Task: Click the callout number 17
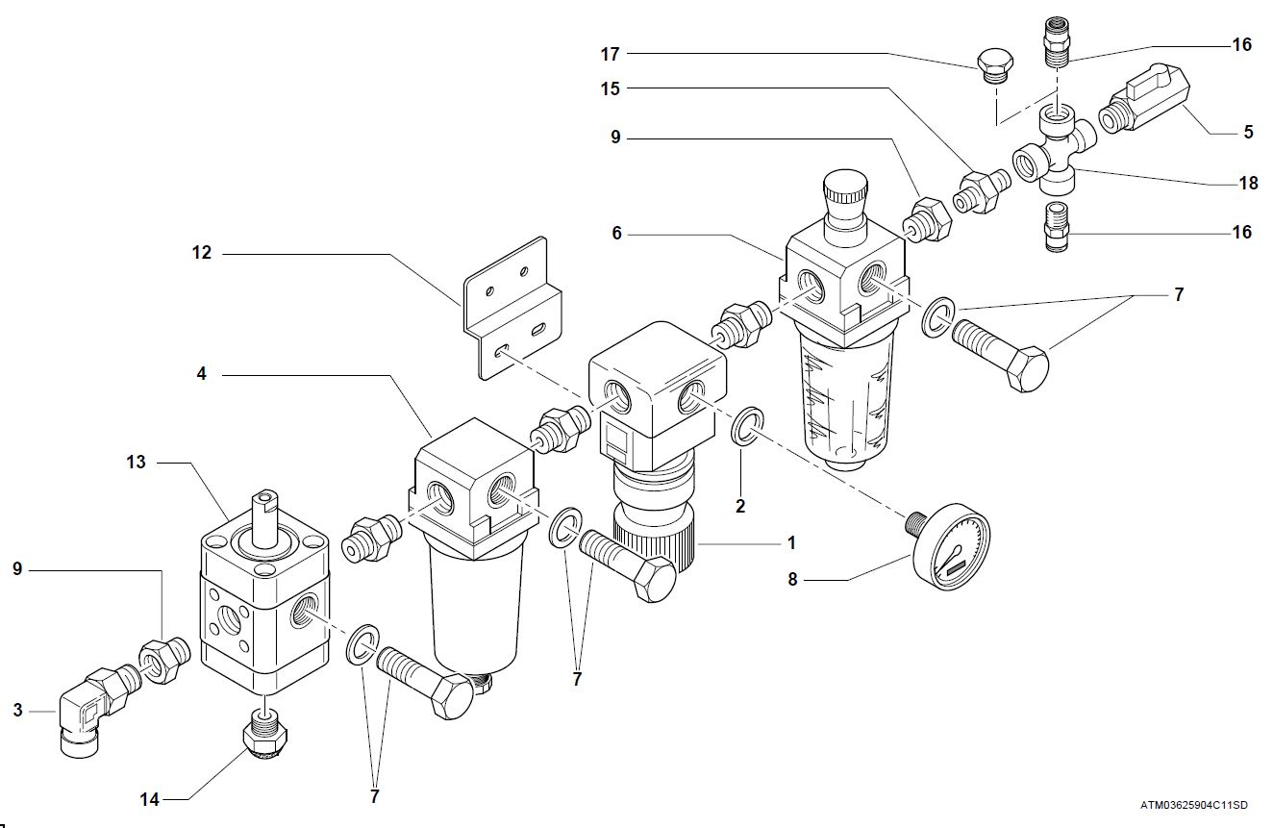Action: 610,55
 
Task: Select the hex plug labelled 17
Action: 993,66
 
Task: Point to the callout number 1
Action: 791,543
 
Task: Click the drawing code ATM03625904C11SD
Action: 1193,804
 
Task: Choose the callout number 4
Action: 201,373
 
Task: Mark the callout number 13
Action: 136,462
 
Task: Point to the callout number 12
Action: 201,254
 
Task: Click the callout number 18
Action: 1248,182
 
